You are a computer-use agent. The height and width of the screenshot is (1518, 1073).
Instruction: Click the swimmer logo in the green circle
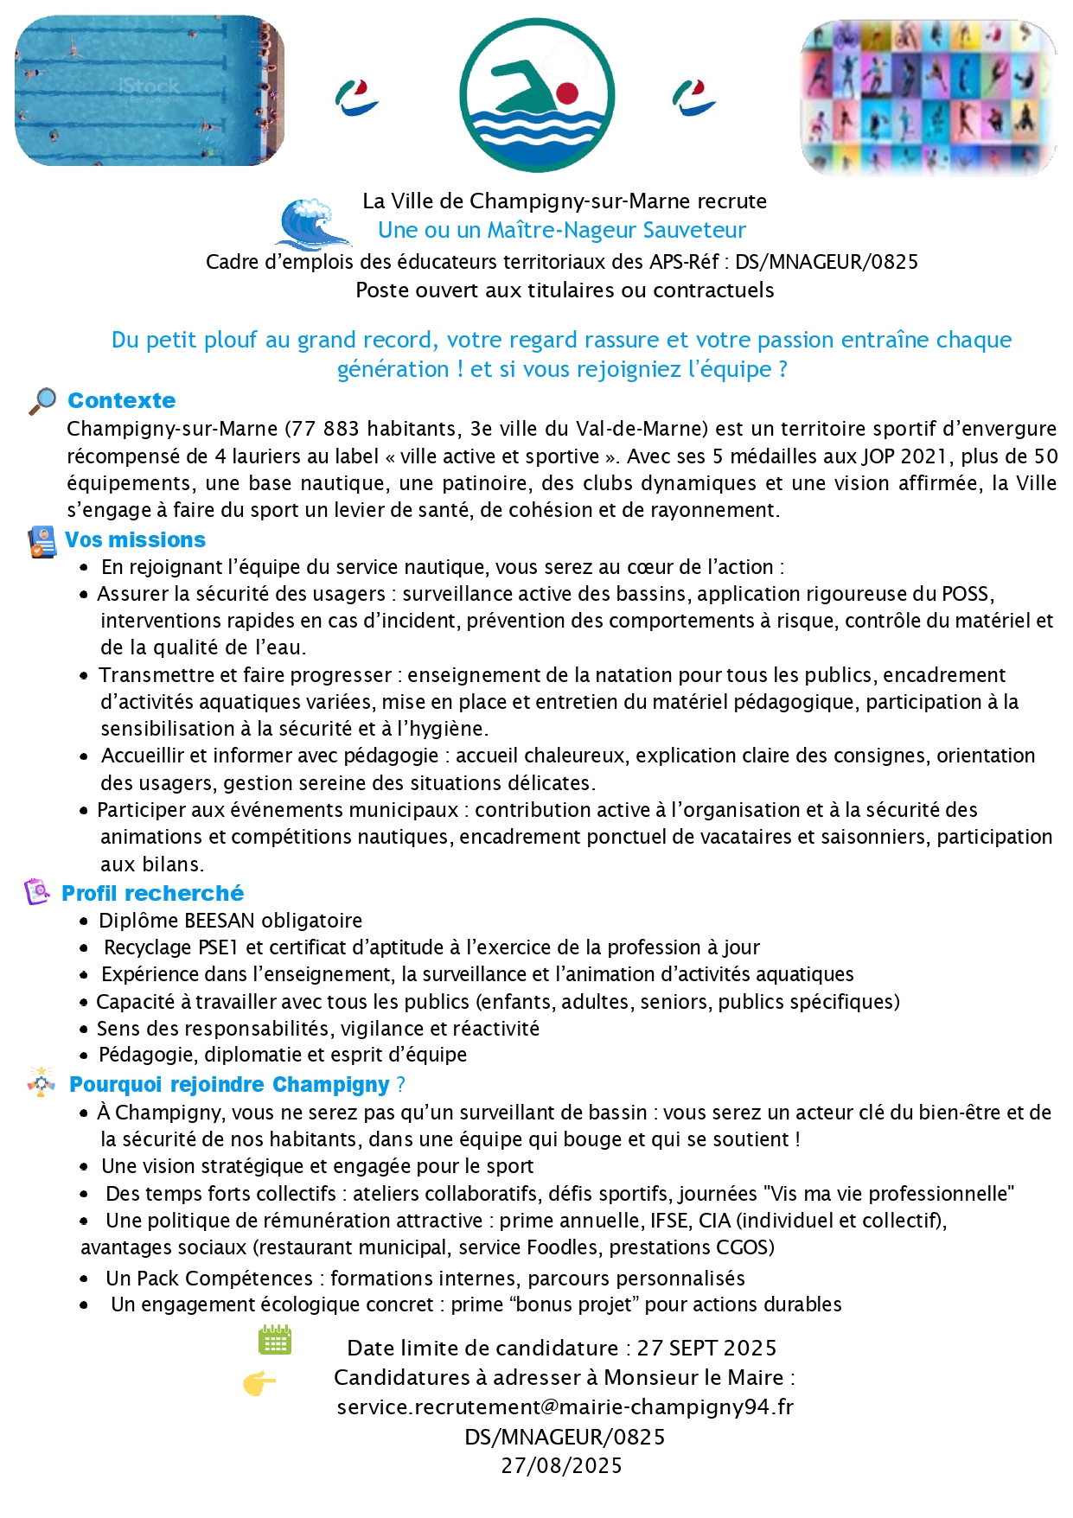tap(536, 95)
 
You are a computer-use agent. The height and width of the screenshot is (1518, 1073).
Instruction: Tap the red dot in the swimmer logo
tap(566, 92)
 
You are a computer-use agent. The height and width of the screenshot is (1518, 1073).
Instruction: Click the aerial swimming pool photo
tap(150, 90)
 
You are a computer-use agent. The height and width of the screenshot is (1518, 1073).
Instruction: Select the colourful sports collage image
tap(929, 97)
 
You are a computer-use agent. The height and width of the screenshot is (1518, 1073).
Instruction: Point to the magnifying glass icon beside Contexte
tap(42, 401)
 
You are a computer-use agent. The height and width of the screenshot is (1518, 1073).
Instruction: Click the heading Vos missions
tap(135, 539)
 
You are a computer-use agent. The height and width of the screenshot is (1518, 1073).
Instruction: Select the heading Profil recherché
tap(152, 893)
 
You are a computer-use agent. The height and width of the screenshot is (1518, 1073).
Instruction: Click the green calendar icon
tap(275, 1340)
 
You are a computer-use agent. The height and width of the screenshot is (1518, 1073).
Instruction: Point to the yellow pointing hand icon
tap(259, 1384)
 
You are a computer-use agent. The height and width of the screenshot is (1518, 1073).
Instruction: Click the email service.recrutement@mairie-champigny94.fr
tap(565, 1406)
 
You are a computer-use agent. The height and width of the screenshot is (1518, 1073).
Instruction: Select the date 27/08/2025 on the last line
tap(561, 1465)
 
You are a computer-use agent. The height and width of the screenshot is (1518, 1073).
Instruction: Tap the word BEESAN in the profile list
tap(220, 921)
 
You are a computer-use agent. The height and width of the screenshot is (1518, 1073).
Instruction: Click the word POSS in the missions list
tap(966, 594)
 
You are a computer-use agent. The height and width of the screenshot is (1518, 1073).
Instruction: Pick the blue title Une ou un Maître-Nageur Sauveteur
tap(561, 230)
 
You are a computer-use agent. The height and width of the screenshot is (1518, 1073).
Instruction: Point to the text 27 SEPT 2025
tap(706, 1348)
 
